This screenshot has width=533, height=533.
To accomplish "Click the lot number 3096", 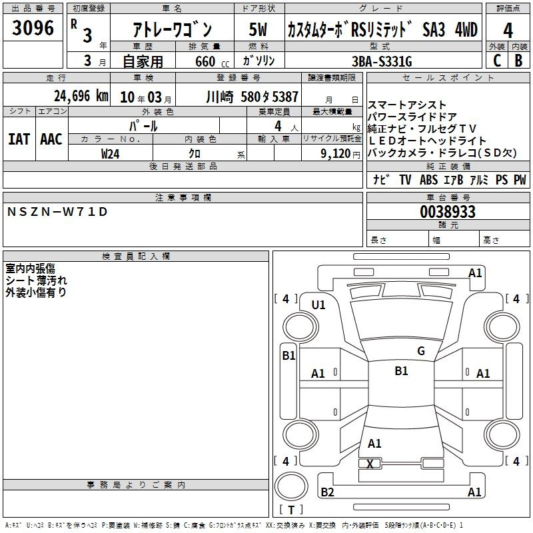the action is click(33, 28).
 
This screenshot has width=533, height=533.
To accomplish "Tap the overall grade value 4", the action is click(508, 31).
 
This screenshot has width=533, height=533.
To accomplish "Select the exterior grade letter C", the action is click(497, 61).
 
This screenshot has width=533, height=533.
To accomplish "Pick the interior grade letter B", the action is click(518, 61).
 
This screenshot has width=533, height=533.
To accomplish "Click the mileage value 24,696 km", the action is click(81, 96).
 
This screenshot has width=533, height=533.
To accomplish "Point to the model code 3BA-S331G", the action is click(382, 61).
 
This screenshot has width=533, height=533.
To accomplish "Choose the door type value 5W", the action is click(258, 29).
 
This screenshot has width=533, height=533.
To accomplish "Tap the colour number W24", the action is click(110, 154).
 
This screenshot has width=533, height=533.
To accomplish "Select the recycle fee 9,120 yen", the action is click(340, 154).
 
